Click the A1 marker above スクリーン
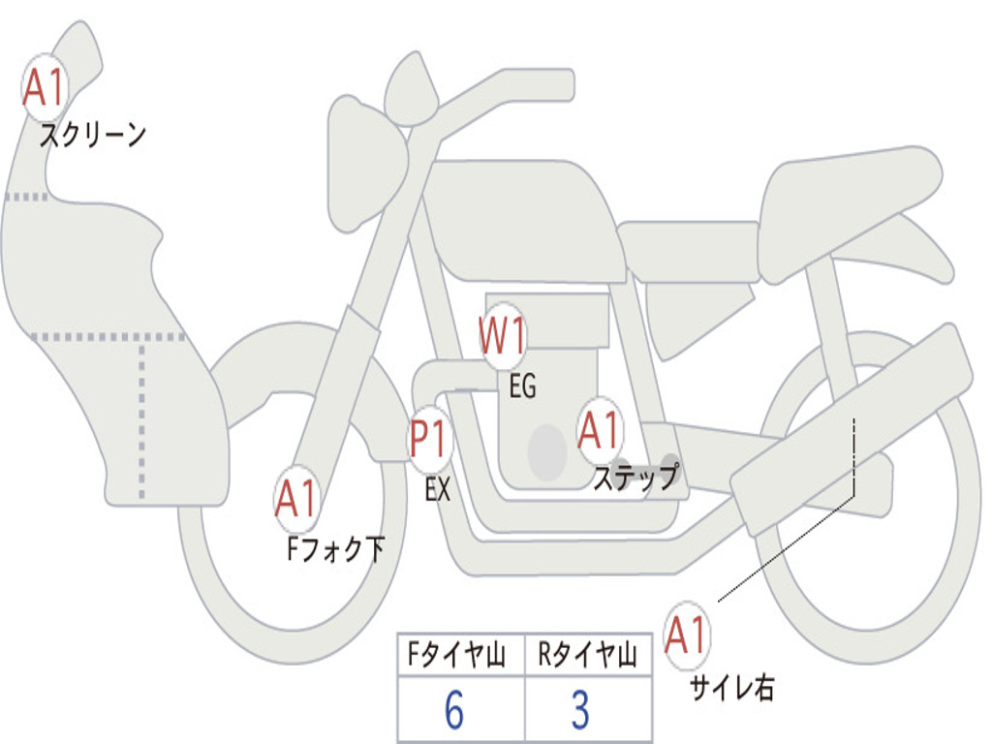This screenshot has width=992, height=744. [44, 88]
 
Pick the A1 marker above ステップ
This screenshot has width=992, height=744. [600, 430]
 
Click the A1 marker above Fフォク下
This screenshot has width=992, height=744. [296, 500]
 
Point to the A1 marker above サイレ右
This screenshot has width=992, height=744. [688, 636]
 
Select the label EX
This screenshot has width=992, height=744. [438, 490]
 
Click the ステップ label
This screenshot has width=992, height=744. [635, 478]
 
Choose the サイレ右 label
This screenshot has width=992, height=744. [732, 689]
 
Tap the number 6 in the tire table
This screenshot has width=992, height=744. [454, 711]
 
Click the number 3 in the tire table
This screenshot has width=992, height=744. [580, 711]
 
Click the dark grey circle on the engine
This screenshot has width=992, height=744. [547, 450]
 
